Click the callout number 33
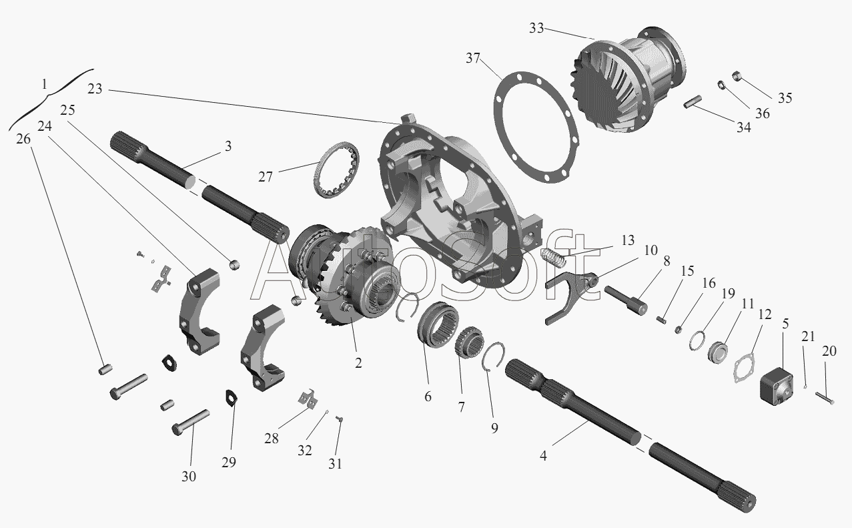(536, 28)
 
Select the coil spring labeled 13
(552, 257)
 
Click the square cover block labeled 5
(777, 384)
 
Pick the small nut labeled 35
(737, 75)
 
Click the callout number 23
(95, 89)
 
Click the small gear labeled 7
(469, 342)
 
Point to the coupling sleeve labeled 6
(438, 324)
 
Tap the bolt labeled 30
(191, 423)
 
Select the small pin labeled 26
(105, 369)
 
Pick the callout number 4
(543, 455)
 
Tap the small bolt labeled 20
(825, 398)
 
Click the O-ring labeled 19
(697, 341)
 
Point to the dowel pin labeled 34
(693, 102)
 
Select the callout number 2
(358, 363)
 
